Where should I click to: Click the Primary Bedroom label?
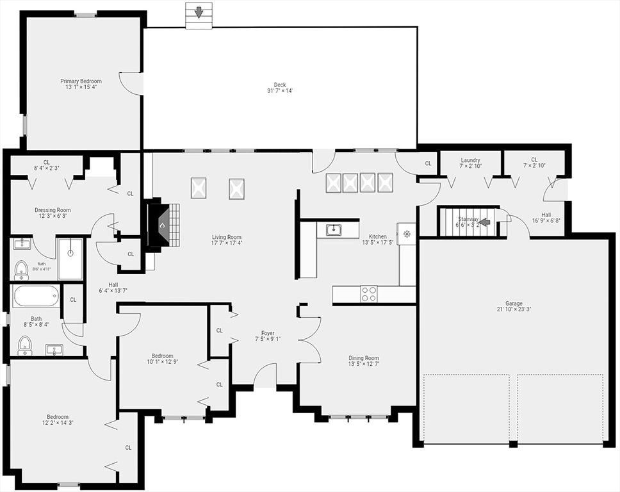pos(81,81)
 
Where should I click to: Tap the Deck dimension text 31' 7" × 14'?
pos(280,90)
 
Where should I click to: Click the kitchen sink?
pos(334,229)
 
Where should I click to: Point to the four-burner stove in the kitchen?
pos(368,293)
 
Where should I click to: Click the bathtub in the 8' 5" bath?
pos(36,296)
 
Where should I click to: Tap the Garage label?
pos(514,304)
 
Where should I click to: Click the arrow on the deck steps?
pos(199,12)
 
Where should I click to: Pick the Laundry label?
pos(471,160)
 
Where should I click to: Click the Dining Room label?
pos(364,358)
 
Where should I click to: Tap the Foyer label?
pos(268,333)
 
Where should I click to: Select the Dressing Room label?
pos(53,210)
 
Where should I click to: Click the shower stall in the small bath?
pos(70,259)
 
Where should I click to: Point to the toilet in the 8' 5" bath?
pos(25,345)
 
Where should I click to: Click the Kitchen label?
pos(378,236)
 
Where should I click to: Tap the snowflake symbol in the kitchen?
pos(407,234)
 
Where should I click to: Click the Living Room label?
pos(227,237)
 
